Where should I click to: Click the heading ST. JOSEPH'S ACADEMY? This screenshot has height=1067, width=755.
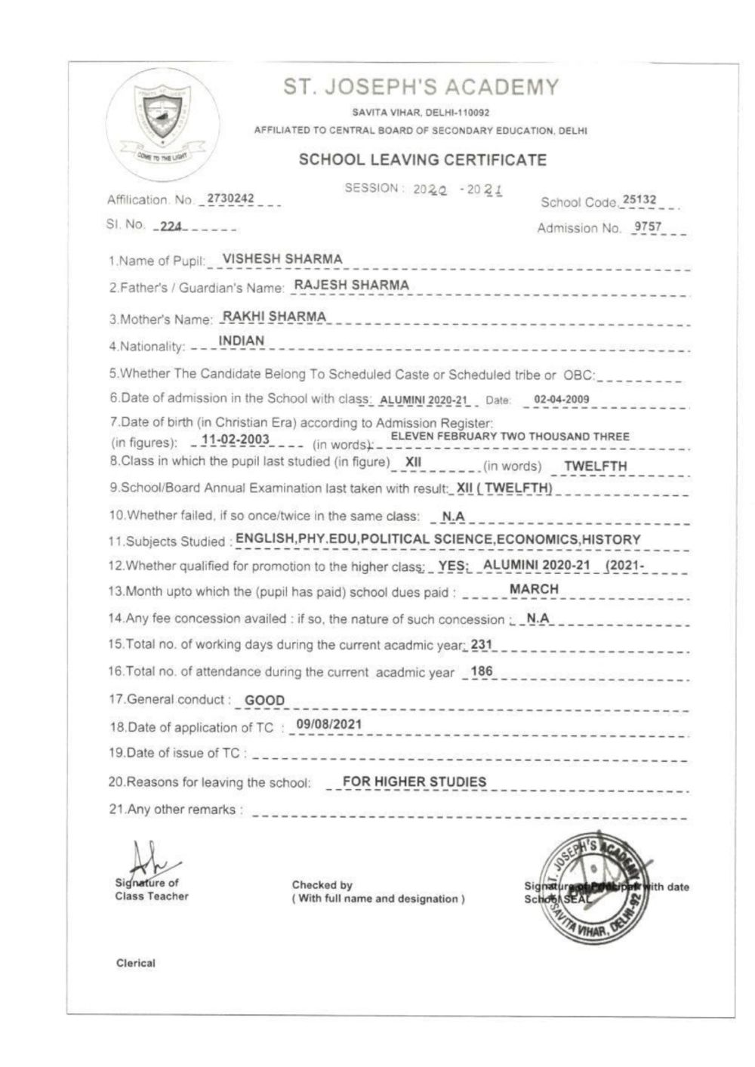421,88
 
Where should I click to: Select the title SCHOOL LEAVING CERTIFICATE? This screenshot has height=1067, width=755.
422,160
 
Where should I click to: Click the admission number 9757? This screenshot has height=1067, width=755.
649,226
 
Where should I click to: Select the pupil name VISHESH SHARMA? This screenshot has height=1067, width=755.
282,259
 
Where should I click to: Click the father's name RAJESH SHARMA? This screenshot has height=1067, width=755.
351,285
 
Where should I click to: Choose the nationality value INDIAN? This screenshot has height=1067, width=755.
242,341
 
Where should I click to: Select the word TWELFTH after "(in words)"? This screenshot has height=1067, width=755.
595,466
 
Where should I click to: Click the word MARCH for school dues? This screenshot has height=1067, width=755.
534,589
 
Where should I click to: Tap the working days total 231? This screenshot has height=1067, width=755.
481,645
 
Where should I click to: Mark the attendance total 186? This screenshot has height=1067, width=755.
481,671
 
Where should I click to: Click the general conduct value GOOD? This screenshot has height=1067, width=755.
265,700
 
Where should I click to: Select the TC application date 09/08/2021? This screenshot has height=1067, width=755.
329,724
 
